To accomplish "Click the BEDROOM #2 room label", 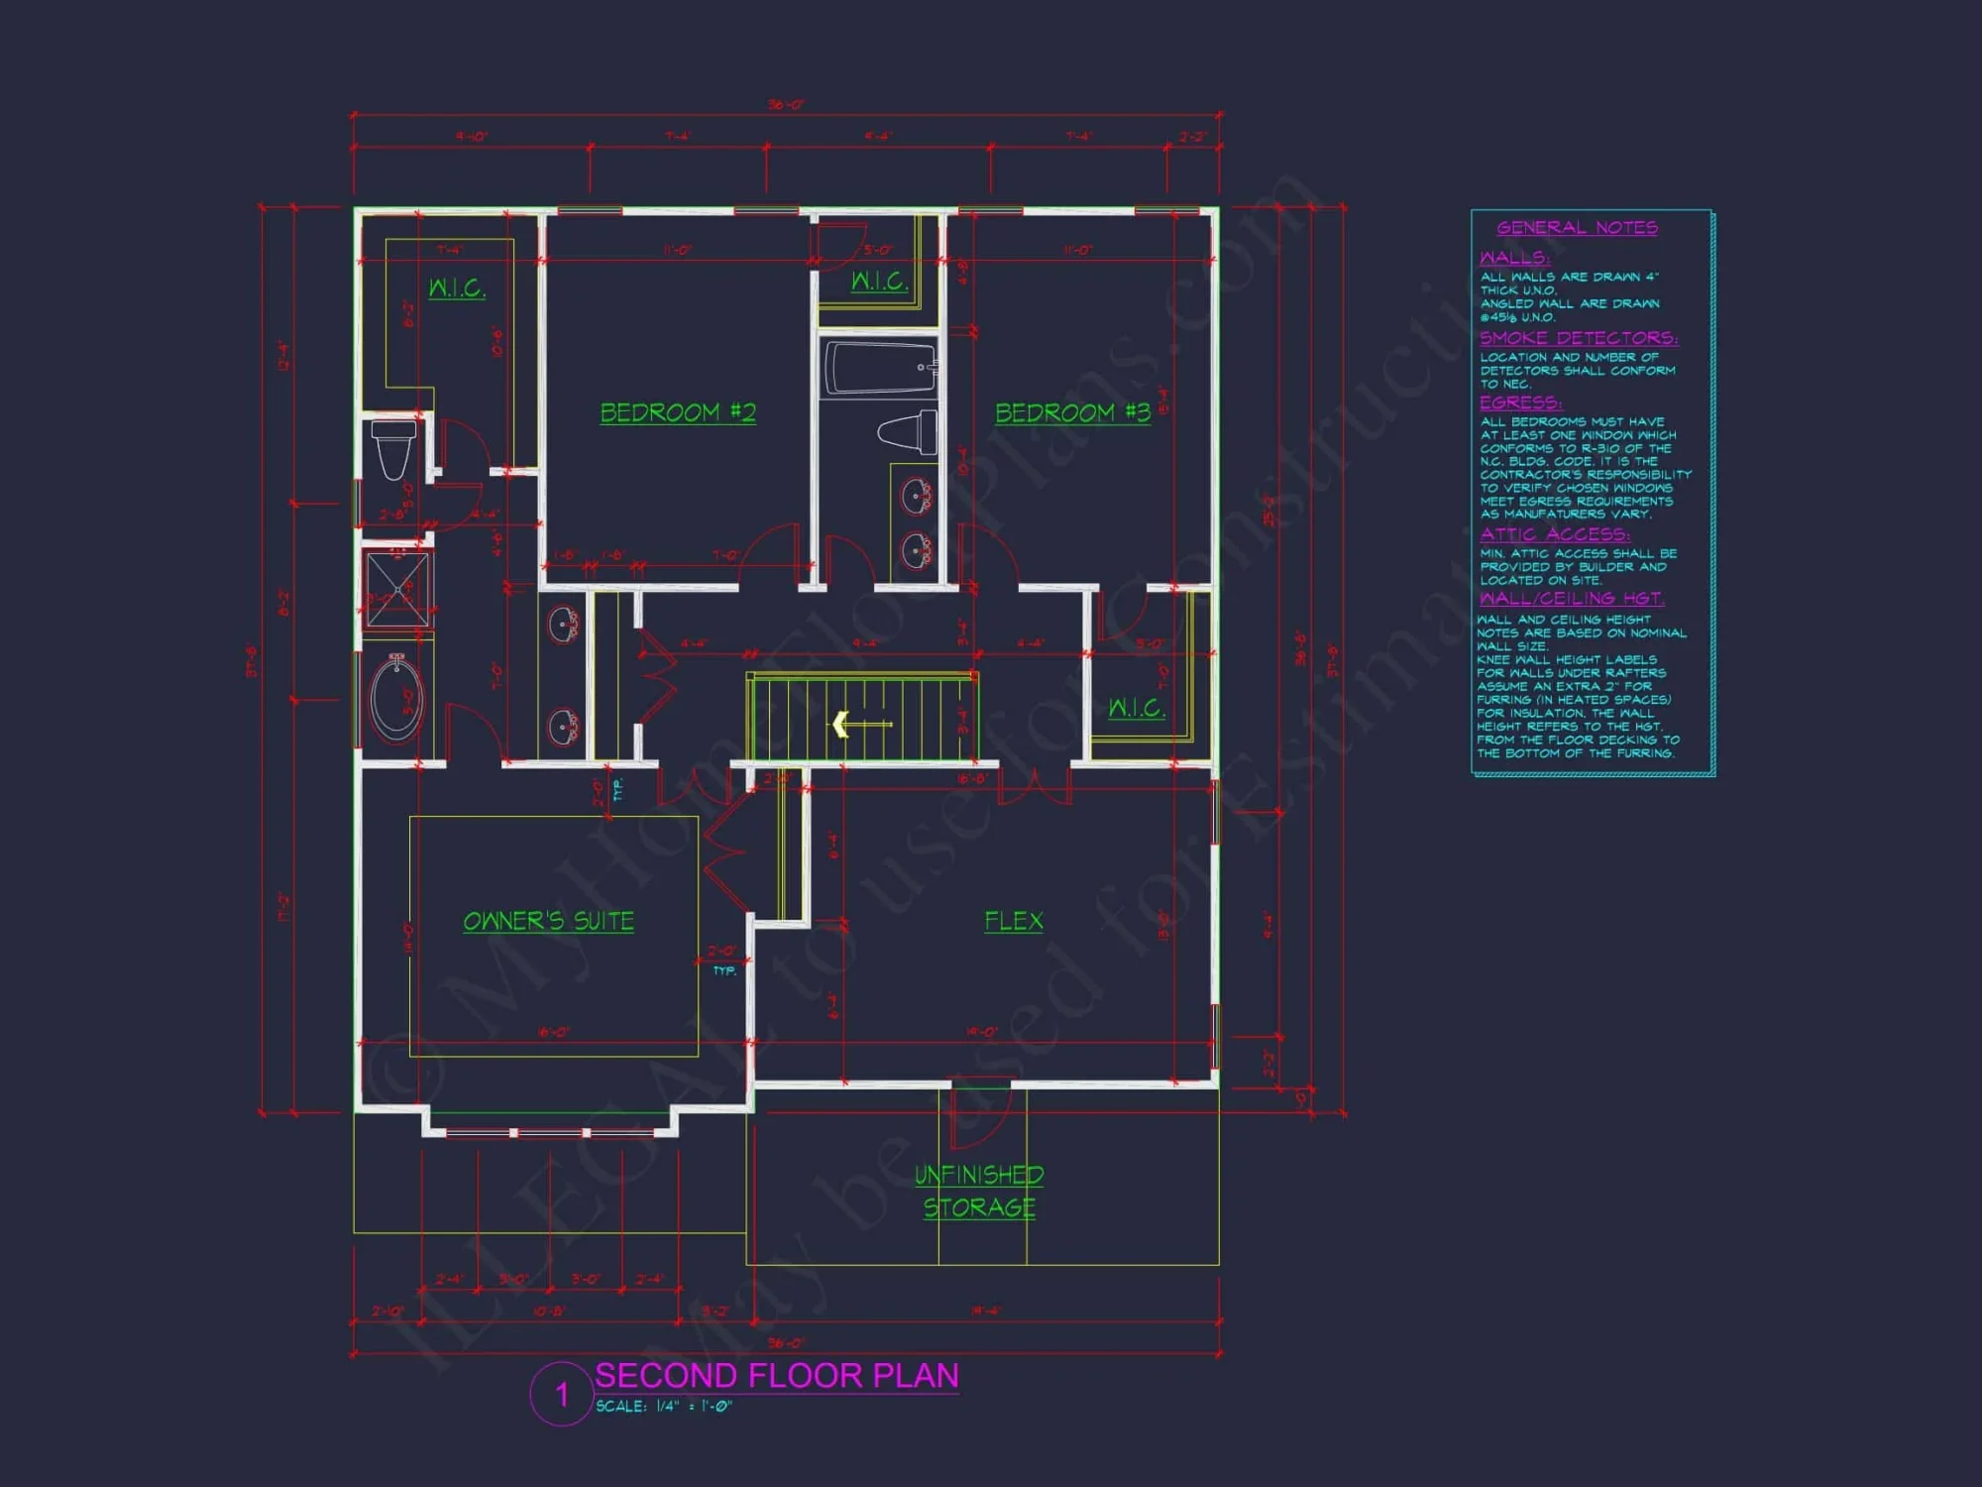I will pos(678,412).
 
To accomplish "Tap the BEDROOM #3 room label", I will pos(1072,412).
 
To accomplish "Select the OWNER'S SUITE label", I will pos(548,921).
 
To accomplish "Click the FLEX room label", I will pos(1013,921).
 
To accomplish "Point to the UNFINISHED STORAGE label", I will pos(979,1191).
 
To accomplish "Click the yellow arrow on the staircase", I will pos(842,725).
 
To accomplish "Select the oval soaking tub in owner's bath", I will pos(396,698).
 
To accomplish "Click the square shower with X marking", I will pos(397,590).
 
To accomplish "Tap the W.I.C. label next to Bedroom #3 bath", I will pos(879,282).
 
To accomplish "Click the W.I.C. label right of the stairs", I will pos(1136,708).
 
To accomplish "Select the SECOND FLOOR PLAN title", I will pos(776,1376).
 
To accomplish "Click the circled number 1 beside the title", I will pos(562,1395).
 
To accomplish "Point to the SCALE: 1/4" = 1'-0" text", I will pos(663,1407).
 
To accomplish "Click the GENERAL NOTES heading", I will pos(1577,228).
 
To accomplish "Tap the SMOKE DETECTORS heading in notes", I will pos(1579,338).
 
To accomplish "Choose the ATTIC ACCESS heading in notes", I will pos(1554,534).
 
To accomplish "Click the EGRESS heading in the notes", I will pos(1520,402).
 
